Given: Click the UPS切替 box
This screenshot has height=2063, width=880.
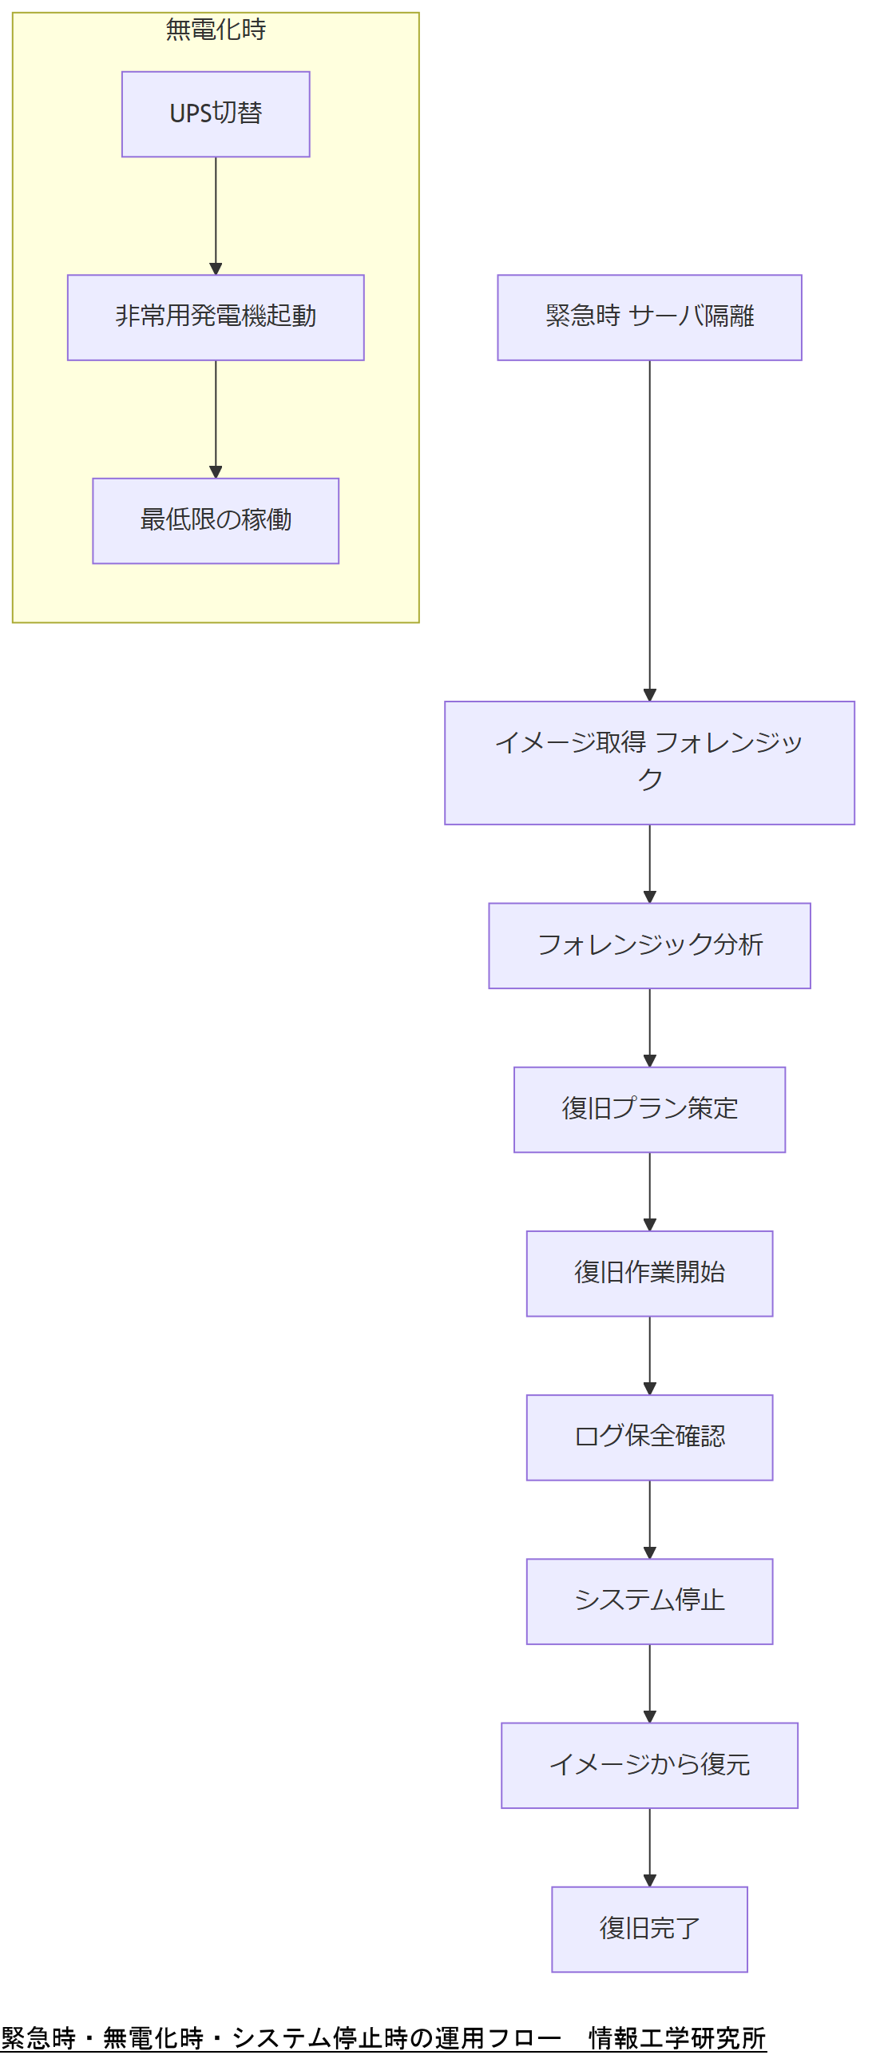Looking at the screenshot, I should click(x=216, y=113).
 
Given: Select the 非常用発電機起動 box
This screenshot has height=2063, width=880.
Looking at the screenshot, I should click(x=216, y=317).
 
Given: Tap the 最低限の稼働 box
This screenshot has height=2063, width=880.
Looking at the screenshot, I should click(x=216, y=521).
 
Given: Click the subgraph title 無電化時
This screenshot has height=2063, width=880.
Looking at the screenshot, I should click(x=216, y=30).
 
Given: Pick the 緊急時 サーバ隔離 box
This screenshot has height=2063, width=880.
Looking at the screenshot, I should click(x=648, y=317).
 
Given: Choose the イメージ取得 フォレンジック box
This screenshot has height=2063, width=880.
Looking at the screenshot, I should click(x=648, y=761).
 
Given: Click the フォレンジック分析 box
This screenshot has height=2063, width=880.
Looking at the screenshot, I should click(x=648, y=945).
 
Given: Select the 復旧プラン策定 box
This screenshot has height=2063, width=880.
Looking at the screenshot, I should click(x=648, y=1109).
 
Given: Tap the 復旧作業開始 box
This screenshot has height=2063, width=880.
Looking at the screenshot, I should click(x=648, y=1273).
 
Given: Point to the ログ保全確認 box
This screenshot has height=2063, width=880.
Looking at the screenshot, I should click(x=648, y=1437).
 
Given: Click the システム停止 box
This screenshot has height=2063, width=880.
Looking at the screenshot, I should click(x=648, y=1601).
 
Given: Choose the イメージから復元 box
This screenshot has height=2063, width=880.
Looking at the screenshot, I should click(x=648, y=1764).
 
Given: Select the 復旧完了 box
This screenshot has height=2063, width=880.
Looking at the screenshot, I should click(x=648, y=1929).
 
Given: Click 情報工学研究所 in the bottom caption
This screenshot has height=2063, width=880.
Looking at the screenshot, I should click(x=676, y=2037).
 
